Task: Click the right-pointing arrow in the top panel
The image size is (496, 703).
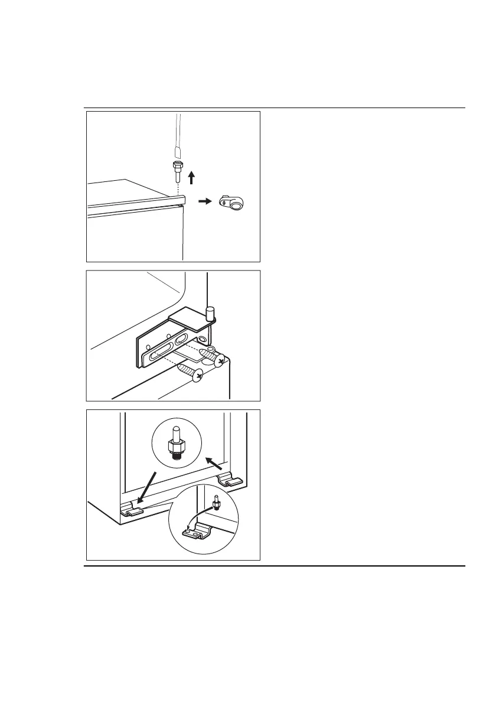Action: click(204, 201)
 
